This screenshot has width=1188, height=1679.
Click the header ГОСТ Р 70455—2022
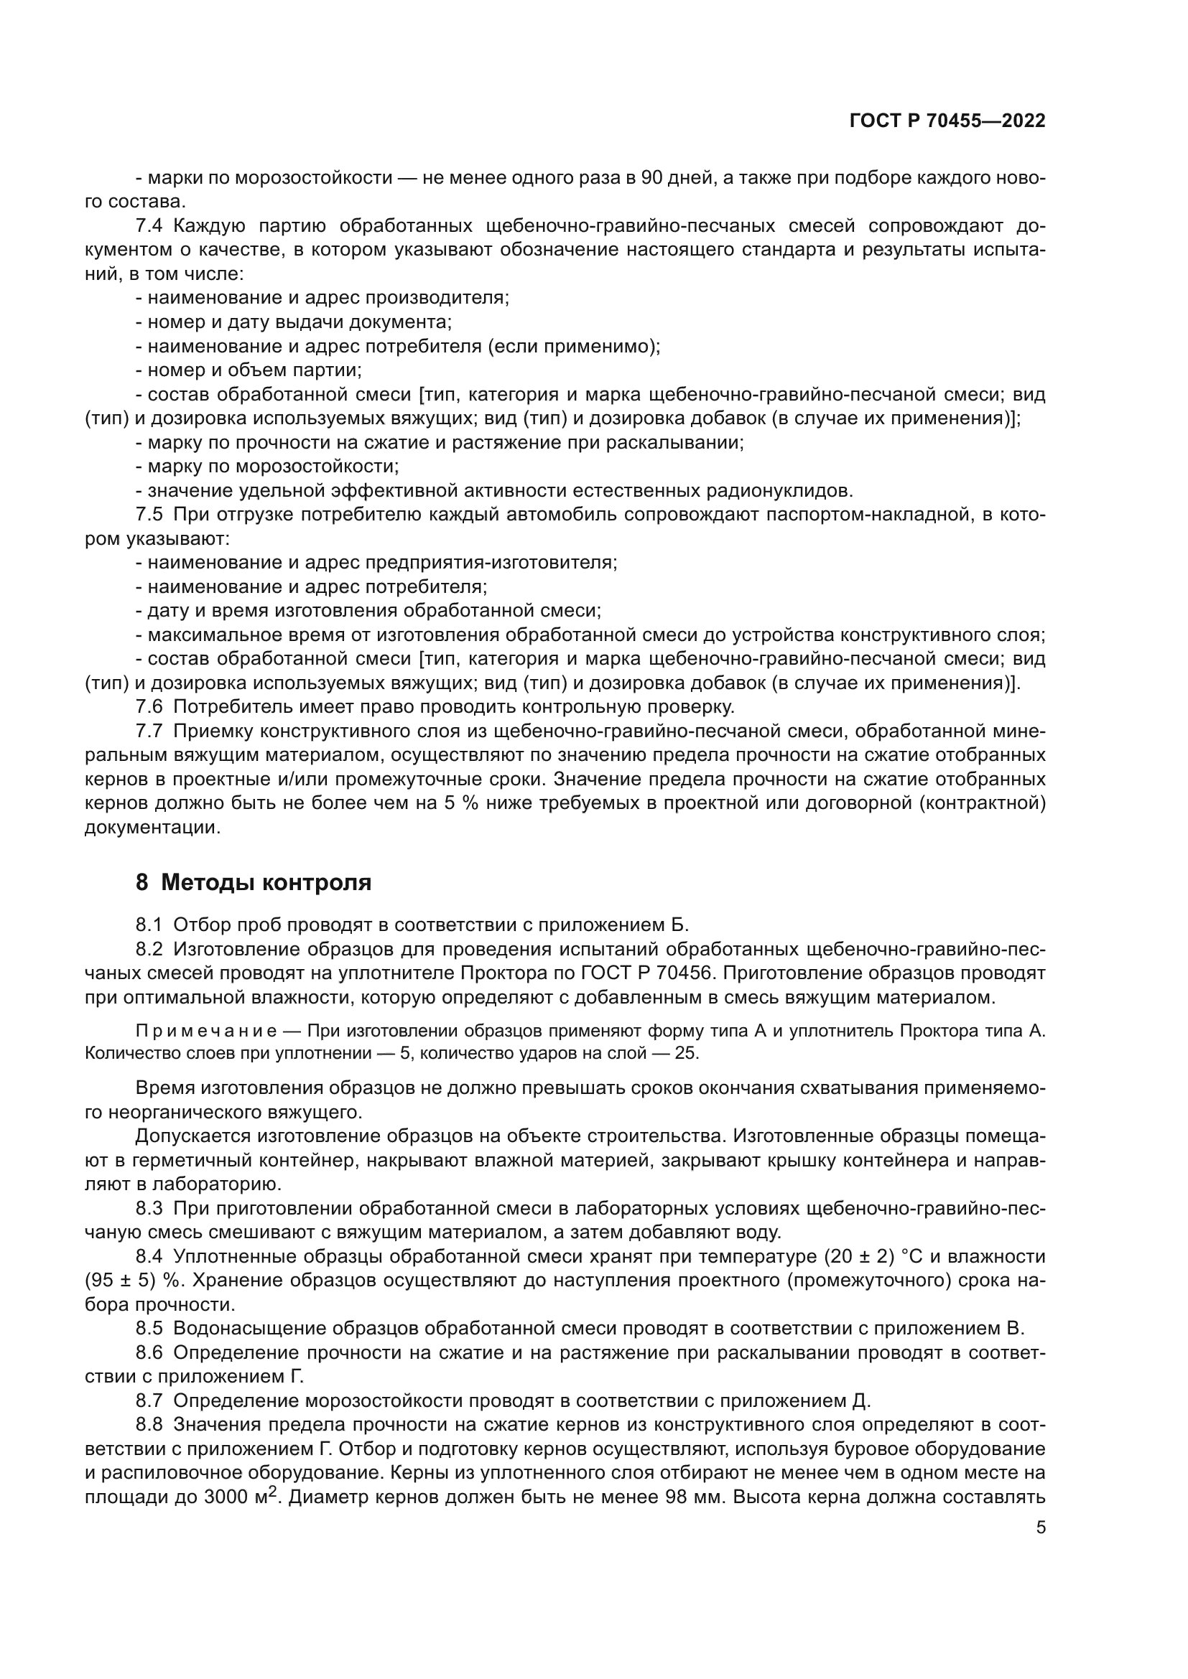pos(947,121)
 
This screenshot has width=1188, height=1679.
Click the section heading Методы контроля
pos(266,883)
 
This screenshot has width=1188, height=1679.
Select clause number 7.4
pos(149,225)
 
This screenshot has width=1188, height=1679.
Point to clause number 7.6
pos(149,706)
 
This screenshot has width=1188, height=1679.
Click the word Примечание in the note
pos(205,1031)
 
